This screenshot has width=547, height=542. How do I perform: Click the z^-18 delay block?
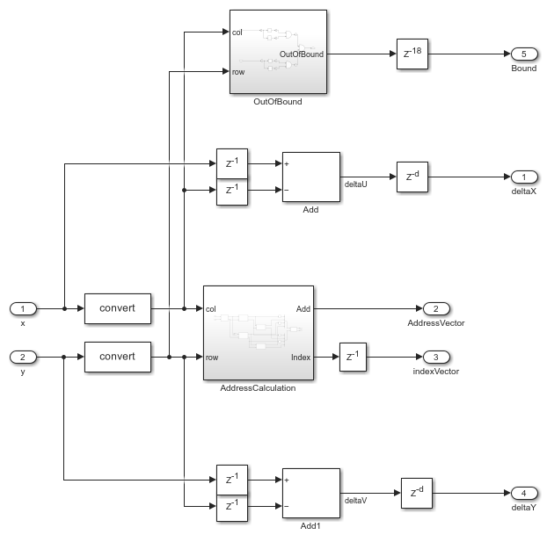click(x=412, y=54)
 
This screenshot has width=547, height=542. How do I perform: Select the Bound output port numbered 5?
click(x=524, y=54)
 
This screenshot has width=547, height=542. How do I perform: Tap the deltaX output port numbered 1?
click(x=524, y=177)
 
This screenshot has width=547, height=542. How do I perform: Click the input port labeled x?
click(x=23, y=309)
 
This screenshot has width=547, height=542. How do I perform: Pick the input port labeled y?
click(x=23, y=358)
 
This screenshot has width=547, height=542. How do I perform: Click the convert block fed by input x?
click(x=118, y=309)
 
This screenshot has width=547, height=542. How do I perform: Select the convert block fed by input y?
click(x=118, y=358)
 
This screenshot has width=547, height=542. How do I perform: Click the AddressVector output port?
click(x=436, y=309)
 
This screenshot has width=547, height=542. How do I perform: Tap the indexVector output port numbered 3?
click(x=436, y=358)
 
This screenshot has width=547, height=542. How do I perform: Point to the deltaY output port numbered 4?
click(x=524, y=493)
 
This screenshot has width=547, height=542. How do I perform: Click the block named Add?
click(x=310, y=177)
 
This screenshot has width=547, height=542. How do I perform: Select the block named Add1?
click(x=310, y=493)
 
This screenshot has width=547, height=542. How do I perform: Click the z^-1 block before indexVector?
click(x=353, y=358)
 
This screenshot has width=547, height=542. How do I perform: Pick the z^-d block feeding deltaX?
click(x=412, y=177)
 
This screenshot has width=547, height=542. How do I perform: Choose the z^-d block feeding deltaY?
click(x=417, y=493)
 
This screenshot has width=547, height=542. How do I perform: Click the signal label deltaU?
click(x=356, y=184)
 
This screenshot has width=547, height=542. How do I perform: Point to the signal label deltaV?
click(x=356, y=501)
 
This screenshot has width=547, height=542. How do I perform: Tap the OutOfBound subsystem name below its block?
click(x=278, y=102)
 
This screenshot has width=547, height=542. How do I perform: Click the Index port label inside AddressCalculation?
click(x=301, y=358)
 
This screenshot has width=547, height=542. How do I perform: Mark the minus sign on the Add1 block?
click(x=287, y=506)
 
